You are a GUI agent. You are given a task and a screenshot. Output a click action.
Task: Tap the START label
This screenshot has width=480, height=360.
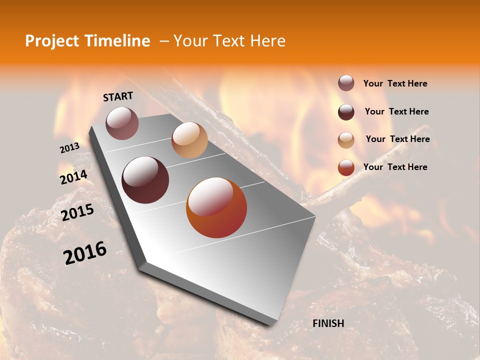[x=118, y=96]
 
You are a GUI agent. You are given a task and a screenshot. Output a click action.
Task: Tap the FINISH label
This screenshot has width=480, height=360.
[x=328, y=323]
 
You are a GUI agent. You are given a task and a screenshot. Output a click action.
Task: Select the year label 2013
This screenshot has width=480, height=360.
[x=69, y=147]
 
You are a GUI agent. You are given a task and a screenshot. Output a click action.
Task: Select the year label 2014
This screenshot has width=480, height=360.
[x=73, y=177]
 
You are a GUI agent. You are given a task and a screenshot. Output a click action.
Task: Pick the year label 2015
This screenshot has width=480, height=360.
[x=77, y=212]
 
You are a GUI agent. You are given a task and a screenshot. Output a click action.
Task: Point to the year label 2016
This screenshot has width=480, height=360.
[x=85, y=252]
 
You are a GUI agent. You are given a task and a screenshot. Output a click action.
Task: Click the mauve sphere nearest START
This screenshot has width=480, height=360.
[x=122, y=123]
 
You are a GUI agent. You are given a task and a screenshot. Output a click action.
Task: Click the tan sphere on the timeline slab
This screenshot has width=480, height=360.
[x=189, y=139]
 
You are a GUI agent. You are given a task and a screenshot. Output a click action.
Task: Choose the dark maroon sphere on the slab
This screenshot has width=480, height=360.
[x=145, y=180]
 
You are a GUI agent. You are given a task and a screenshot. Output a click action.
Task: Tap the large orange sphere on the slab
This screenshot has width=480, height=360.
[x=216, y=208]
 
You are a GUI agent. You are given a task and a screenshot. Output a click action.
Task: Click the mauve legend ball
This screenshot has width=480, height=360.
[x=346, y=83]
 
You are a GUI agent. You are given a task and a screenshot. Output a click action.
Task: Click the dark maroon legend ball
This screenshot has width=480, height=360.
[x=346, y=111]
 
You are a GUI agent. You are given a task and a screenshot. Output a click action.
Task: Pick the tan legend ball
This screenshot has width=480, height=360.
[x=346, y=139]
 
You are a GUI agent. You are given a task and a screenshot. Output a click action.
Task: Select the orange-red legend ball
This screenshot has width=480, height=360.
[x=346, y=167]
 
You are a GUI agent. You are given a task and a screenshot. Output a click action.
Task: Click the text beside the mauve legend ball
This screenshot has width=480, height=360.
[x=395, y=83]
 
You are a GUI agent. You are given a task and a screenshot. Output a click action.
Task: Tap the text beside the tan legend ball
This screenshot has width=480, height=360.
[x=398, y=139]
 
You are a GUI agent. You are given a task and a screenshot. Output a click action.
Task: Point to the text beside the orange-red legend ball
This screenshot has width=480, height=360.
[x=395, y=167]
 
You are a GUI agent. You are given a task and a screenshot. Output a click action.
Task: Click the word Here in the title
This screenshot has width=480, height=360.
[x=267, y=41]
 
